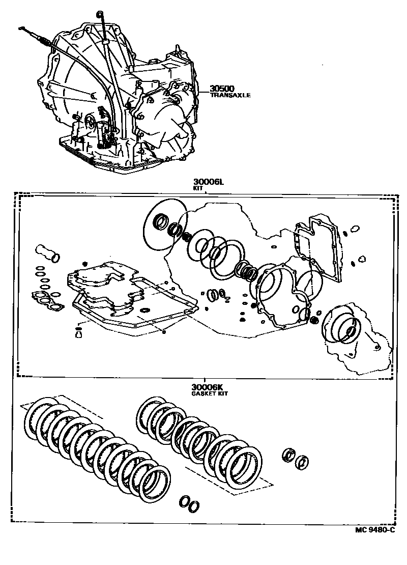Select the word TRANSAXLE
(230, 95)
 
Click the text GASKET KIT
(210, 394)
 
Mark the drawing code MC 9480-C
(374, 530)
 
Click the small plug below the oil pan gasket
(78, 333)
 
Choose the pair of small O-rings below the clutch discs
(189, 503)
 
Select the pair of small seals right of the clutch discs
(296, 458)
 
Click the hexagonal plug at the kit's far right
(362, 259)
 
